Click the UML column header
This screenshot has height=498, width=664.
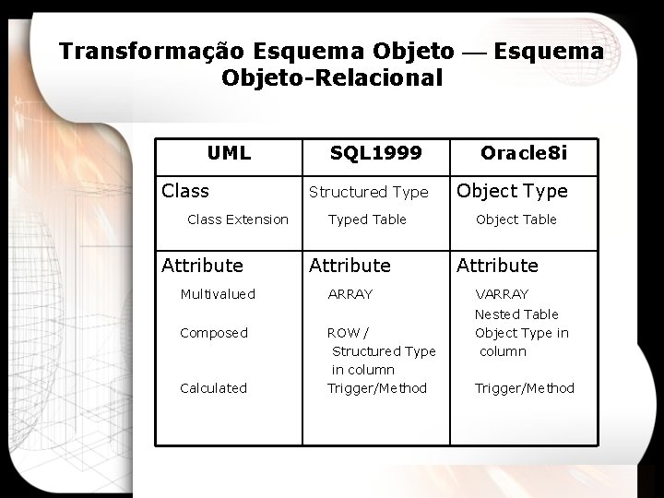click(229, 153)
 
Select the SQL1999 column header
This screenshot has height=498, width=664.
click(375, 153)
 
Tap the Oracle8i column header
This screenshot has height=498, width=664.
click(524, 153)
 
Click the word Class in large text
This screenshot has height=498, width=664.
click(185, 191)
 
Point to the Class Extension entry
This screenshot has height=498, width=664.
click(238, 219)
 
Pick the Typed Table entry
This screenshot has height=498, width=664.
click(367, 219)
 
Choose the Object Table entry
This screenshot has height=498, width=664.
click(516, 219)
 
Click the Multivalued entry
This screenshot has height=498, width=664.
click(218, 294)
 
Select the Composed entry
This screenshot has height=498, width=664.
click(214, 333)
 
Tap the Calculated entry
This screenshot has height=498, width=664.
click(213, 388)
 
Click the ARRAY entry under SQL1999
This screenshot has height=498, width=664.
click(350, 294)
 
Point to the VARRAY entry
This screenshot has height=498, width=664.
click(502, 294)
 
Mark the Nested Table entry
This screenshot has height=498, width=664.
click(516, 314)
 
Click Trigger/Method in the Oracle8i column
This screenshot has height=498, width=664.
click(524, 388)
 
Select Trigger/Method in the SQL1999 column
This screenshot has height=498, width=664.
click(377, 388)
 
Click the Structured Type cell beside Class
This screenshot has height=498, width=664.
click(368, 192)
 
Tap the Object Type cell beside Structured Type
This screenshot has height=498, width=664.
click(512, 191)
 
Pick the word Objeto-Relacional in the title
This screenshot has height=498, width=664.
click(332, 78)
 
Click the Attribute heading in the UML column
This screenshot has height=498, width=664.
click(203, 266)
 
